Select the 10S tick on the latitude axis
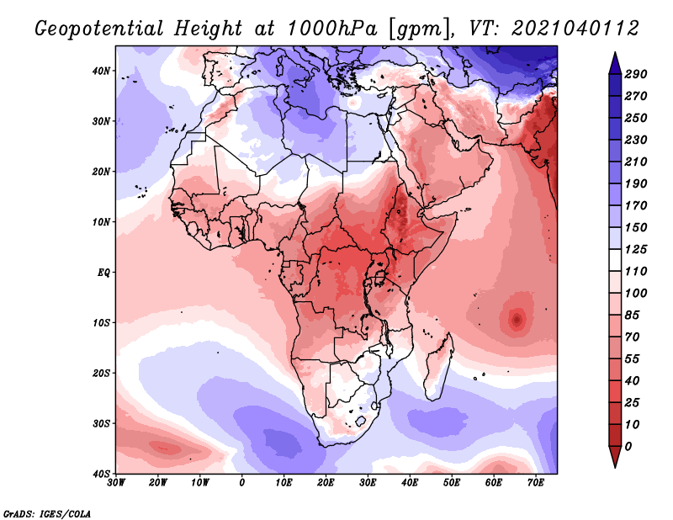point(102,322)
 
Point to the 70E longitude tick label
point(536,483)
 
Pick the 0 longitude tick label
point(242,483)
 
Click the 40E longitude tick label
point(410,483)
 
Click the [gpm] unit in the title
point(410,28)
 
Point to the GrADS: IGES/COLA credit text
point(47,512)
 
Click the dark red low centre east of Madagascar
point(516,319)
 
